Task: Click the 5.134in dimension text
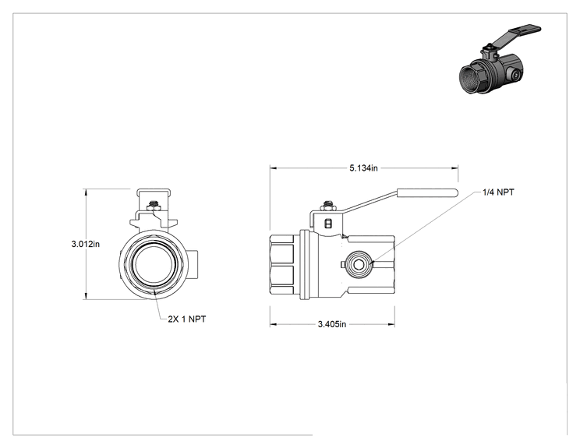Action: click(x=363, y=168)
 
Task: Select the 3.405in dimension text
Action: click(x=332, y=324)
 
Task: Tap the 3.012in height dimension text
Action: click(x=86, y=244)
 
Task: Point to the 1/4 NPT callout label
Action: click(x=498, y=192)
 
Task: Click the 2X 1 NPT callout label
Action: click(x=187, y=319)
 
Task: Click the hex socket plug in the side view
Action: click(x=358, y=264)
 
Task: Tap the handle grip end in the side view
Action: click(x=428, y=192)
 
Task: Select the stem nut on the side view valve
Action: click(x=327, y=206)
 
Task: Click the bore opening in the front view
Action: click(x=153, y=264)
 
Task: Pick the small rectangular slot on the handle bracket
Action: click(x=327, y=224)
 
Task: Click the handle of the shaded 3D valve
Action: click(x=518, y=35)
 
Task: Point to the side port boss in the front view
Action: click(x=193, y=264)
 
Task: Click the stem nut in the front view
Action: click(x=154, y=205)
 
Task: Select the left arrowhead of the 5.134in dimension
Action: click(x=274, y=168)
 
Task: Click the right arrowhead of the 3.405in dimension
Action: click(x=391, y=325)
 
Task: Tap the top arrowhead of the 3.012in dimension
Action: click(x=86, y=192)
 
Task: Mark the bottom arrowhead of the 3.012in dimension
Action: click(x=86, y=296)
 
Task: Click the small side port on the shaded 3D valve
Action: click(x=514, y=75)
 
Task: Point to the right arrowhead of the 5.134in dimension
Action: click(x=454, y=168)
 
